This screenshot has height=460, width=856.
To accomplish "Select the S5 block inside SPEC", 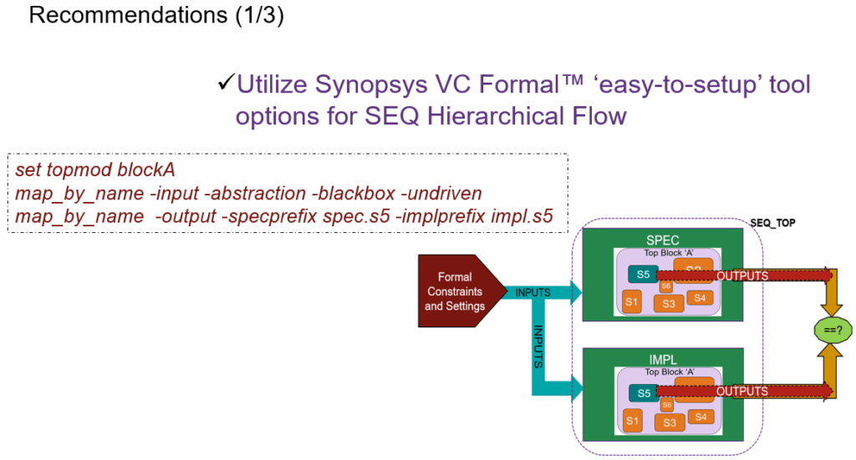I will click(x=643, y=275).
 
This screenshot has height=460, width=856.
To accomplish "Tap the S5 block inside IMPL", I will click(x=643, y=392).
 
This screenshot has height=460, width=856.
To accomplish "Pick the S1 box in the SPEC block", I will click(x=631, y=301).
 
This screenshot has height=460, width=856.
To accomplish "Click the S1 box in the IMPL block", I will click(x=631, y=421).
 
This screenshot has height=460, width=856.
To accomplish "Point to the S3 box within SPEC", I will click(x=669, y=304).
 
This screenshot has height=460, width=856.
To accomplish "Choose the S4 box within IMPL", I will click(x=701, y=417).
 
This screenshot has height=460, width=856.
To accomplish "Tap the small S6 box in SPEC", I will click(x=667, y=286).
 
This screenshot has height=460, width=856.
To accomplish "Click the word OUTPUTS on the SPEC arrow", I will click(x=742, y=275).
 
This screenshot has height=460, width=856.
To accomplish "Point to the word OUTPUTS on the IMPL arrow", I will click(x=742, y=391).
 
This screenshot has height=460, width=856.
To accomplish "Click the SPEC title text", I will click(x=667, y=240).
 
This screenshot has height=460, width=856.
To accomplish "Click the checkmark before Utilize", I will click(x=226, y=83).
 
